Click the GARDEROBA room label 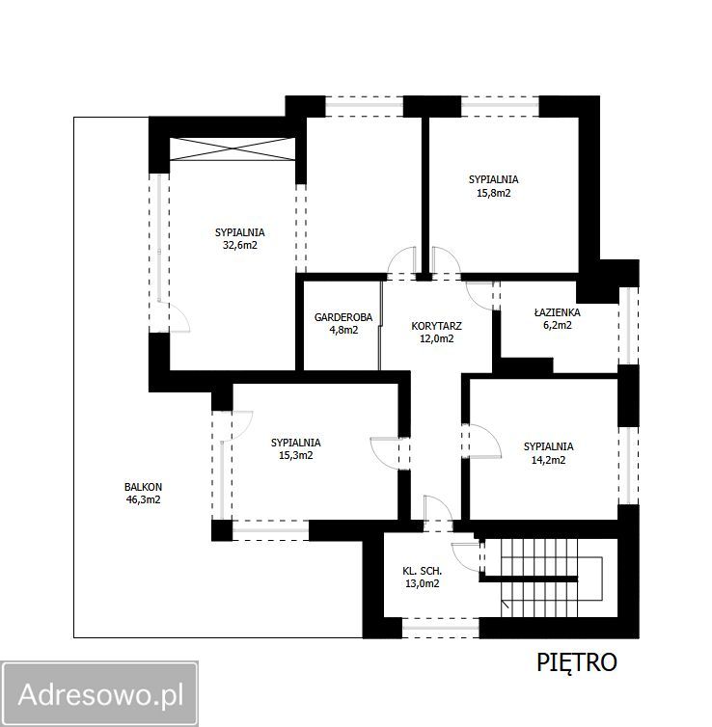click(343, 317)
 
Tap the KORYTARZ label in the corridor click(436, 327)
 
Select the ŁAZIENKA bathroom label click(557, 312)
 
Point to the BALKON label click(143, 487)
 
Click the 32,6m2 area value click(240, 245)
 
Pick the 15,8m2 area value click(494, 193)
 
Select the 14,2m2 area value click(548, 461)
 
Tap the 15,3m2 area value click(296, 455)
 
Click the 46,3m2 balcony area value click(144, 499)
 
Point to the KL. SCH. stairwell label click(423, 571)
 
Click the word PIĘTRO click(577, 662)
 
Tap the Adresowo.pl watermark click(100, 694)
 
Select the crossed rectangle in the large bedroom click(233, 149)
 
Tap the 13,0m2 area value click(423, 583)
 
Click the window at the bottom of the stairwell click(441, 628)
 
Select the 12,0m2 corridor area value click(436, 339)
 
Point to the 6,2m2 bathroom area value click(557, 325)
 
